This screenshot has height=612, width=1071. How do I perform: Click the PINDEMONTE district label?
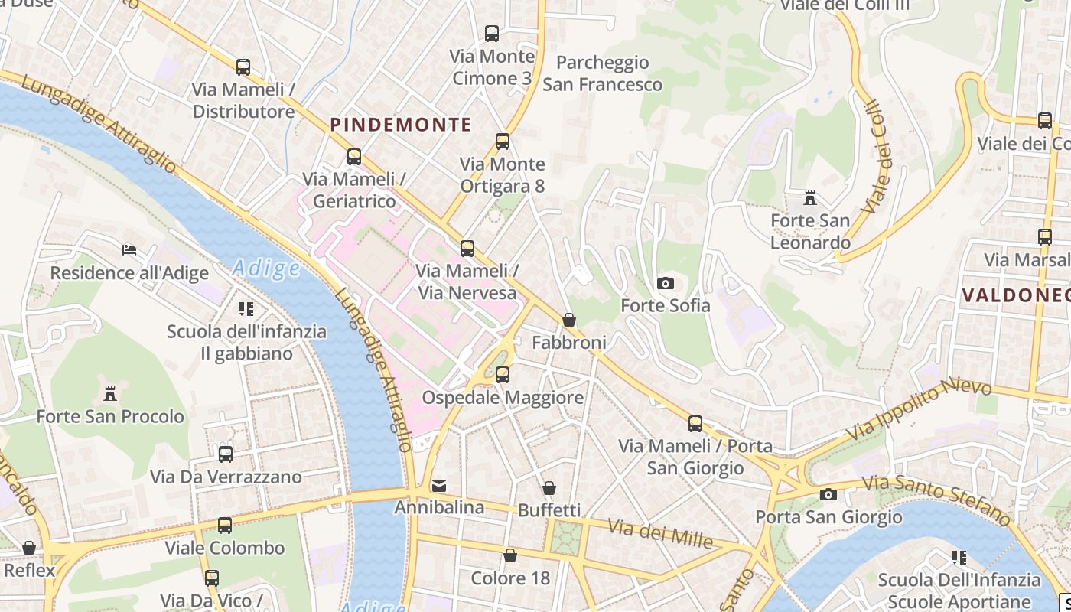(401, 124)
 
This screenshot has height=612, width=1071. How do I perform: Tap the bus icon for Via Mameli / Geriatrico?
(353, 156)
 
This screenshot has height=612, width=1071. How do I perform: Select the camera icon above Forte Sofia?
(666, 284)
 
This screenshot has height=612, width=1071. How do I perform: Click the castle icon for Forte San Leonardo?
(809, 199)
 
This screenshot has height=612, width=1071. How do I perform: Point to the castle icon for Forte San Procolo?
(110, 394)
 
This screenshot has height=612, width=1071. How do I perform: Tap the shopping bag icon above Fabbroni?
(568, 320)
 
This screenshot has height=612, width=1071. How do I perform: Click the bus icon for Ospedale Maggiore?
(502, 375)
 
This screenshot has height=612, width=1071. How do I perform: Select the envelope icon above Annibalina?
(439, 485)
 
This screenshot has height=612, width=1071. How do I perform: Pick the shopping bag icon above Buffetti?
(549, 488)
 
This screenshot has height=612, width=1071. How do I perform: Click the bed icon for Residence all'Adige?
(129, 250)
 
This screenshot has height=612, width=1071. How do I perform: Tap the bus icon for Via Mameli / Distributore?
(243, 67)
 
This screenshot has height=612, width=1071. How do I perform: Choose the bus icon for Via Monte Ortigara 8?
(502, 142)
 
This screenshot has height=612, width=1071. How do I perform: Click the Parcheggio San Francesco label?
(602, 73)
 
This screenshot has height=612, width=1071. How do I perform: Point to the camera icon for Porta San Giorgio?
(828, 495)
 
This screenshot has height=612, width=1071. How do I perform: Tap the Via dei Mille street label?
(660, 533)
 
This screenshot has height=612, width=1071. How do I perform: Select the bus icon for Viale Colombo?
(224, 526)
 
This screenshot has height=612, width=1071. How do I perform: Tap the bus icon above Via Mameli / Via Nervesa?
(467, 249)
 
